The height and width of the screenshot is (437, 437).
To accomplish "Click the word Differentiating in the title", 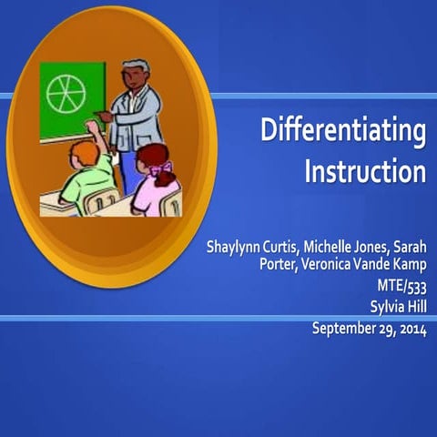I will pos(343,133).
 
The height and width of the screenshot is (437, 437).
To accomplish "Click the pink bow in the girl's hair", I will pos(162,168).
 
